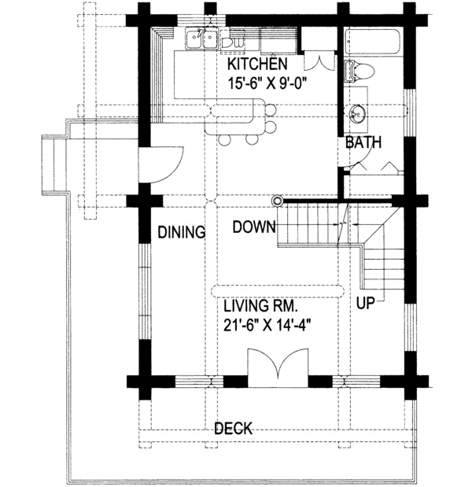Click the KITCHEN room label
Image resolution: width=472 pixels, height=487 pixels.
pyautogui.click(x=257, y=64)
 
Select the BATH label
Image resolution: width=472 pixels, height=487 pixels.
pyautogui.click(x=363, y=142)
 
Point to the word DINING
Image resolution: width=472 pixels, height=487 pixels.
pyautogui.click(x=182, y=232)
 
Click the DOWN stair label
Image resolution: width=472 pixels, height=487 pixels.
pyautogui.click(x=254, y=227)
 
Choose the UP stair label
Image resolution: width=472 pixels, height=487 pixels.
pyautogui.click(x=366, y=303)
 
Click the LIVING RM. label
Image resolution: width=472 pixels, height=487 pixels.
pyautogui.click(x=261, y=306)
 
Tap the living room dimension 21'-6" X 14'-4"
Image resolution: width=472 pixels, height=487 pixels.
pyautogui.click(x=267, y=326)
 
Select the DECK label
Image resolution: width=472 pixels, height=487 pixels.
pyautogui.click(x=234, y=429)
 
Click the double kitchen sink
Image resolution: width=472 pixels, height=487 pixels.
pyautogui.click(x=202, y=39)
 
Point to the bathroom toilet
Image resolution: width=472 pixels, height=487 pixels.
pyautogui.click(x=359, y=71)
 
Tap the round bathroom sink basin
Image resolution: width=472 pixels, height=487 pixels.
pyautogui.click(x=356, y=113)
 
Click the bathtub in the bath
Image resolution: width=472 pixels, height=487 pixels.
pyautogui.click(x=373, y=42)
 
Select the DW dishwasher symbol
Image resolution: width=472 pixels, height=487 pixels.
pyautogui.click(x=233, y=42)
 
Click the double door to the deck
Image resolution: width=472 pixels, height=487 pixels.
pyautogui.click(x=278, y=367)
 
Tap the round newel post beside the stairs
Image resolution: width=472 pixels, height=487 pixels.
pyautogui.click(x=277, y=201)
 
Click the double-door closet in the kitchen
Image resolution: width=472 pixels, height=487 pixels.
pyautogui.click(x=319, y=60)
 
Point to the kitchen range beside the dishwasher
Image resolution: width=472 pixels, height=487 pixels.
pyautogui.click(x=278, y=40)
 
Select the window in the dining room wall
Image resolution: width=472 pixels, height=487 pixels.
pyautogui.click(x=145, y=291)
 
